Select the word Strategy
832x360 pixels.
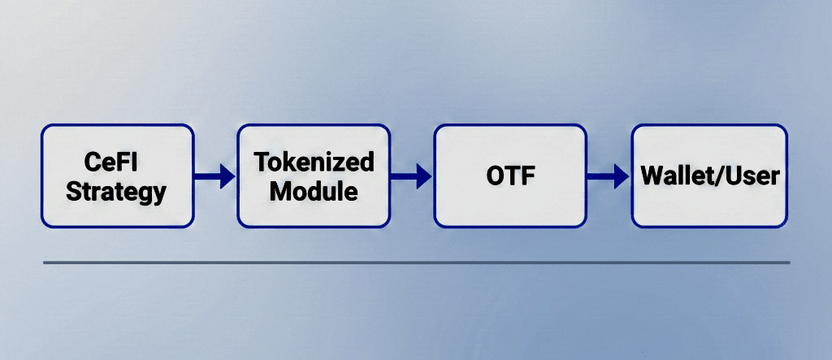pyautogui.click(x=116, y=192)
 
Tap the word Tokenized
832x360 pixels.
pyautogui.click(x=314, y=162)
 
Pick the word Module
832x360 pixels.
pyautogui.click(x=314, y=192)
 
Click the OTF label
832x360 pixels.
pyautogui.click(x=510, y=176)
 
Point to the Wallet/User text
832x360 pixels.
pyautogui.click(x=709, y=176)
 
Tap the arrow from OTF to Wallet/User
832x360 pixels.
pyautogui.click(x=609, y=176)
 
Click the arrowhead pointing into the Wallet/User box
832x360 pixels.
pyautogui.click(x=622, y=176)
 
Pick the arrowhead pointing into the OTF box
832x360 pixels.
pyautogui.click(x=424, y=176)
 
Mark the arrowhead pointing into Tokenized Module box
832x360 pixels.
pyautogui.click(x=227, y=176)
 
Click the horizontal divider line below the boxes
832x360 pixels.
pyautogui.click(x=416, y=262)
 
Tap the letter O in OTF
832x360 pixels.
pyautogui.click(x=495, y=176)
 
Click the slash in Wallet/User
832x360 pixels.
pyautogui.click(x=716, y=176)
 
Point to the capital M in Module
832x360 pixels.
pyautogui.click(x=280, y=192)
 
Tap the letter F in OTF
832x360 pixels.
pyautogui.click(x=526, y=176)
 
